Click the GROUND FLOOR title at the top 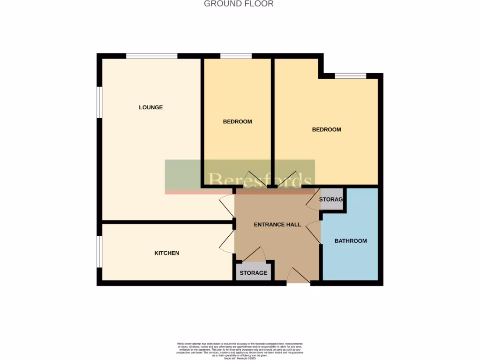(x=239, y=4)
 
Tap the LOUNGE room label (x=150, y=107)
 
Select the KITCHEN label (x=167, y=253)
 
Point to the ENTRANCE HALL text (x=277, y=225)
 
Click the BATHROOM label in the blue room (x=350, y=241)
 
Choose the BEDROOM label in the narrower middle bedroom (x=237, y=121)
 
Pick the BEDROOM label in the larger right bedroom (x=326, y=129)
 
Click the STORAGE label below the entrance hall (x=254, y=273)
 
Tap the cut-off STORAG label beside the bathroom (x=331, y=200)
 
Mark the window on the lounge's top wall (x=151, y=56)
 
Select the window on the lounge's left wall (x=99, y=101)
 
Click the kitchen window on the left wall (x=99, y=252)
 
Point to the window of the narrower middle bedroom (x=236, y=56)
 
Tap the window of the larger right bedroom (x=350, y=76)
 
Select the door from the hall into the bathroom (x=314, y=233)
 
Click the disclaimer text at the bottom (x=240, y=351)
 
